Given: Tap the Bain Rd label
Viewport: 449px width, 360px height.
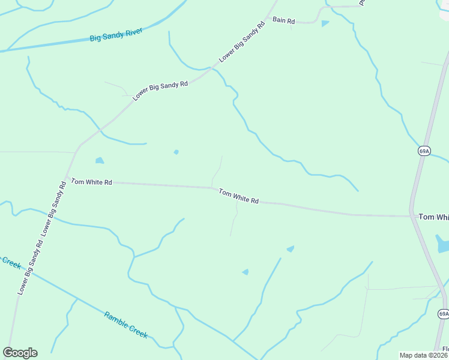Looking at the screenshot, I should click(284, 20).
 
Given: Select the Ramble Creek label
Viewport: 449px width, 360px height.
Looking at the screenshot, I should click(126, 325).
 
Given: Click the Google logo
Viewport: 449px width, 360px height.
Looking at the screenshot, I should click(20, 353).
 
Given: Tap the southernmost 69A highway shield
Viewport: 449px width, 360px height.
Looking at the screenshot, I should click(443, 314).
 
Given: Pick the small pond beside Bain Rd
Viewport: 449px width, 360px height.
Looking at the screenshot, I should click(325, 24).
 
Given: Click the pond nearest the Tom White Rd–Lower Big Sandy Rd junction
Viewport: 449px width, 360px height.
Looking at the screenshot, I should click(100, 161).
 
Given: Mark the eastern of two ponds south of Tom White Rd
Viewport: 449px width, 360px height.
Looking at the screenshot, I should click(291, 248).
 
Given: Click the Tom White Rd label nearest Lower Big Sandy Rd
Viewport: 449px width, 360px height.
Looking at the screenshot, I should click(92, 181).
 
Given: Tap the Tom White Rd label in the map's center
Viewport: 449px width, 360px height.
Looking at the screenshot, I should click(238, 196).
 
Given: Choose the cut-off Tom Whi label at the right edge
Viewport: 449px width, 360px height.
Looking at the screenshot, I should click(433, 217).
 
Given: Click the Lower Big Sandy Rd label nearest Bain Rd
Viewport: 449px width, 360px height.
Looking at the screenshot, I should click(243, 42).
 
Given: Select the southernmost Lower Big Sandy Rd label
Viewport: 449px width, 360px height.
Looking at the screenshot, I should click(31, 267).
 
